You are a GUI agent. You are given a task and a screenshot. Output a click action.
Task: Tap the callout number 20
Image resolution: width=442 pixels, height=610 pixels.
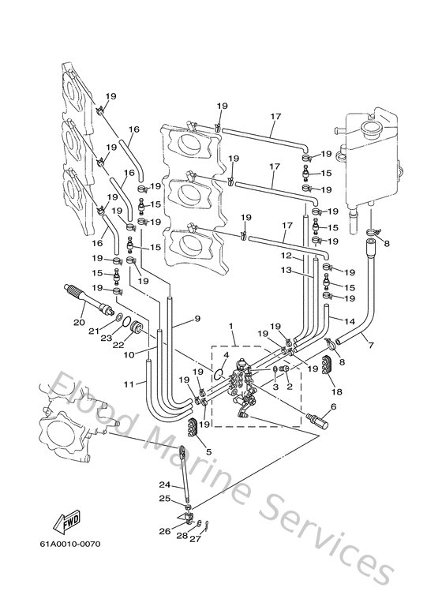point(79,322)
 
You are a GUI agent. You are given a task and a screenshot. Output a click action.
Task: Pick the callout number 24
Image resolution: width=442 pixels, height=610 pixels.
point(164,485)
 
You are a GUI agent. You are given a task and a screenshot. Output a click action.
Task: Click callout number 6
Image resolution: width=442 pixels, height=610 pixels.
point(332,407)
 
